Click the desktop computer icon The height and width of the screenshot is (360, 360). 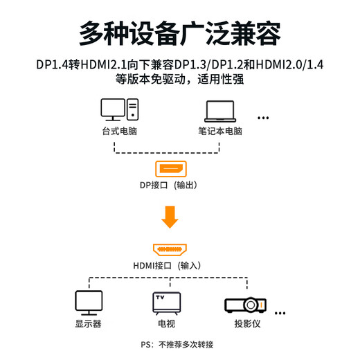[x=120, y=110]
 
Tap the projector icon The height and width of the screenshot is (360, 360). [x=245, y=304]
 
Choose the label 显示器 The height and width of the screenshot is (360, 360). [x=88, y=323]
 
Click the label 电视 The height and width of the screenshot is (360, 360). [x=166, y=323]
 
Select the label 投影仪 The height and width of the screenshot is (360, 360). [x=246, y=323]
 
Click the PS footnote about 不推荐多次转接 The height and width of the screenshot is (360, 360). [x=177, y=345]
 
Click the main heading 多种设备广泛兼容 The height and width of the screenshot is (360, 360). [x=179, y=32]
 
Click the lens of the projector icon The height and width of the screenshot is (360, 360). [x=252, y=304]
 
